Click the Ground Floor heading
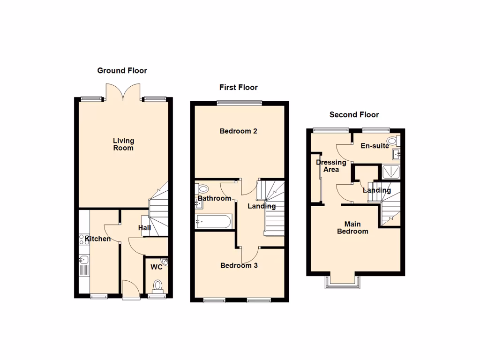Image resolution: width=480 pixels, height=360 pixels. (x=122, y=71)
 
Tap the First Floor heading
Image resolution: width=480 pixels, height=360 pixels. (x=239, y=88)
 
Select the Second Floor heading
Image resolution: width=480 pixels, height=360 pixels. (x=354, y=115)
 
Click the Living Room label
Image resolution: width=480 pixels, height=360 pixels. (x=123, y=144)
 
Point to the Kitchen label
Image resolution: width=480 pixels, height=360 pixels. (x=98, y=239)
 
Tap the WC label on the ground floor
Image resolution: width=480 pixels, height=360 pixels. (x=156, y=267)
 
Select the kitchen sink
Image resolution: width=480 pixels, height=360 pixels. (x=84, y=259)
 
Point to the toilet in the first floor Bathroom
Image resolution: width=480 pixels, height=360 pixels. (x=203, y=189)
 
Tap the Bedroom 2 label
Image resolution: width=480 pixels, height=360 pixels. (x=238, y=131)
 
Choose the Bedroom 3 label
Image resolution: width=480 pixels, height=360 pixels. (x=239, y=266)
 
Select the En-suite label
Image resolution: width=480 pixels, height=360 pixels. (x=375, y=146)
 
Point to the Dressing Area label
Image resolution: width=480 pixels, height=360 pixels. (x=331, y=166)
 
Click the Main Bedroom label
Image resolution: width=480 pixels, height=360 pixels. (x=352, y=228)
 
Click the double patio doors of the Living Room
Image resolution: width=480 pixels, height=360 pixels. (x=123, y=92)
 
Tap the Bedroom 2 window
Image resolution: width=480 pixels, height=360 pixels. (x=239, y=103)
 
